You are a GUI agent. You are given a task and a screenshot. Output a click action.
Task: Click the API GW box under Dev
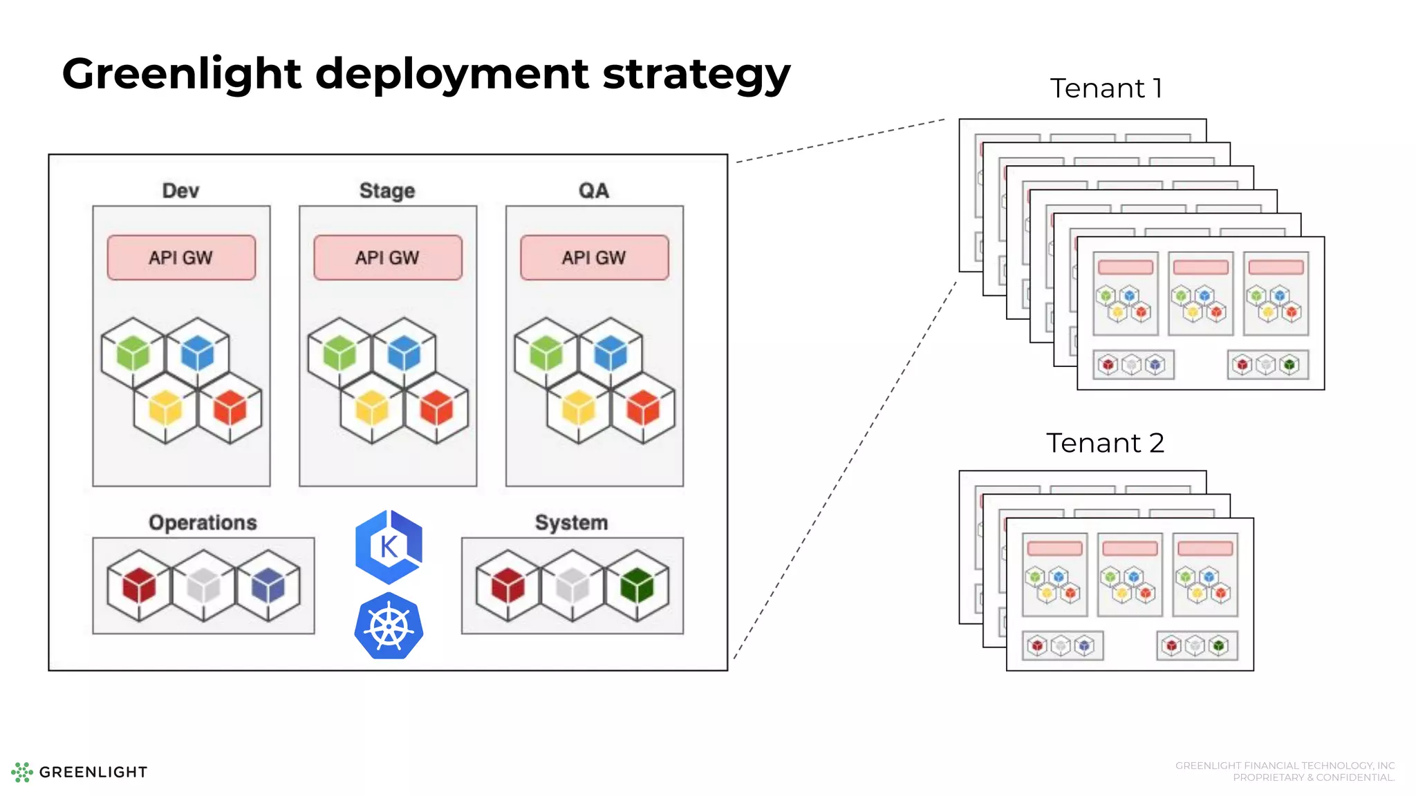pos(181,258)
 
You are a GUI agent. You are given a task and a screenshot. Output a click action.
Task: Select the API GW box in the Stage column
pos(387,258)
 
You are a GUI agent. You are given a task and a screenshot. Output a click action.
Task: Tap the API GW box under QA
pos(594,258)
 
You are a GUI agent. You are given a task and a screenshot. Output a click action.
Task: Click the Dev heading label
pos(180,191)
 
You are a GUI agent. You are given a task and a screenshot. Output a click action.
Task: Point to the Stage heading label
pos(387,191)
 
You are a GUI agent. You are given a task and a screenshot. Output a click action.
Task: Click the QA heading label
pos(594,191)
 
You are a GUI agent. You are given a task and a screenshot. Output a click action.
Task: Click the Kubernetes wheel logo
pos(389,626)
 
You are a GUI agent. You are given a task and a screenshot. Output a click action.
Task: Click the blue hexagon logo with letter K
pos(389,547)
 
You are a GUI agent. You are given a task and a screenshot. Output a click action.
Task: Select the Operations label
pos(203,523)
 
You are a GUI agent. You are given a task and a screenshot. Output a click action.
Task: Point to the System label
pos(571,523)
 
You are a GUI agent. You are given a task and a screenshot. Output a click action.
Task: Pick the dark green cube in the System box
pos(637,586)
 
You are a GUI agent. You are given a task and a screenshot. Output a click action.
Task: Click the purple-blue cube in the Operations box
pos(268,586)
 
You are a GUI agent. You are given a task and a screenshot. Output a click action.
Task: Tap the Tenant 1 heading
pos(1106,88)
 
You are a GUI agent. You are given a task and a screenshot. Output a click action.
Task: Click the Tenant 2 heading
pos(1105,443)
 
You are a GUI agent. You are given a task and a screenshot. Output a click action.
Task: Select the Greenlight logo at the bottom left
pos(79,772)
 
